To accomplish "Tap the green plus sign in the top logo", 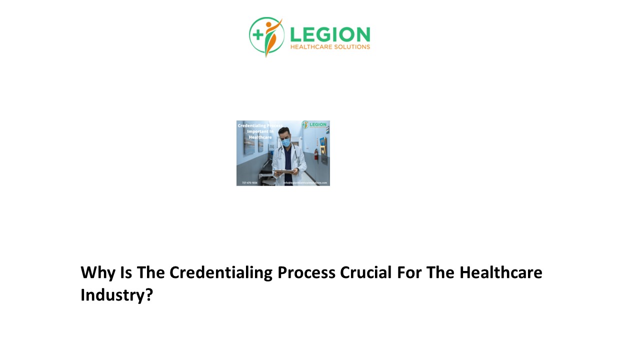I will coord(258,34).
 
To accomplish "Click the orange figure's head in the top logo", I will coord(269,24).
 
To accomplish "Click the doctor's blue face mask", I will coord(285,141).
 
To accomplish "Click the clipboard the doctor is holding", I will coord(285,171).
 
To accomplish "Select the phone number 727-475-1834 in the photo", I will coord(249,183).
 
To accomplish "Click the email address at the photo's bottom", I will coord(305,183).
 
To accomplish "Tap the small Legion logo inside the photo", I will coord(314,124).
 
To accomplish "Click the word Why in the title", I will coord(97,272).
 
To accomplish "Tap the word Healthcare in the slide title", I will coord(500,272).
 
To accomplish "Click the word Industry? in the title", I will coord(116,294).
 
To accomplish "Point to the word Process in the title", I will coord(306,272).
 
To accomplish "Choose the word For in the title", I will coord(409,272).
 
